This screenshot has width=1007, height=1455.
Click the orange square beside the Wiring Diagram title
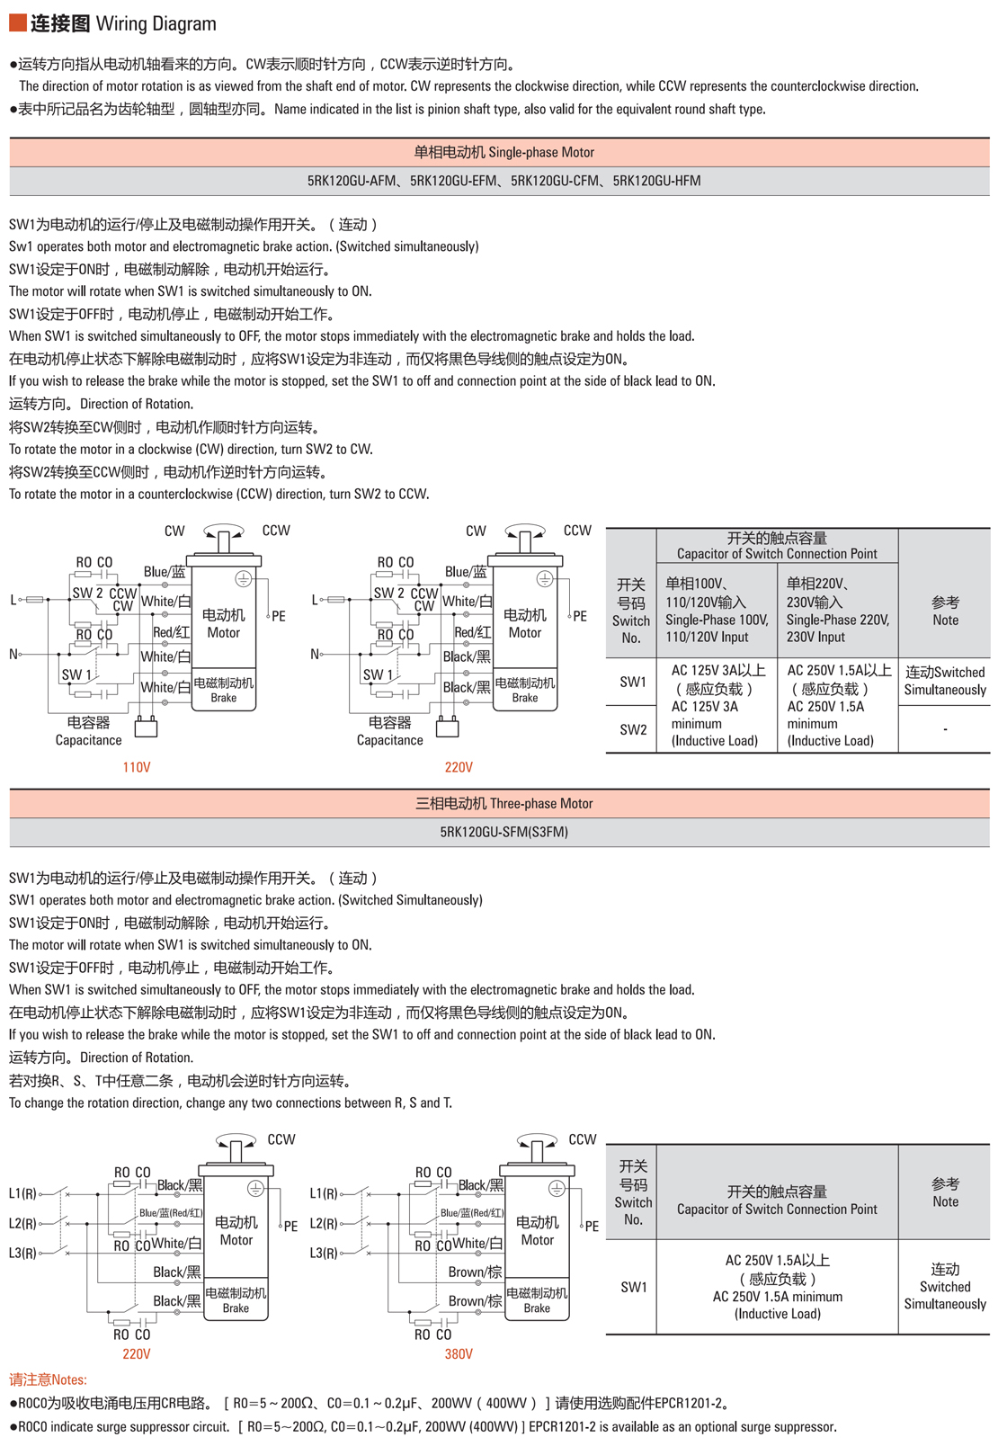17,22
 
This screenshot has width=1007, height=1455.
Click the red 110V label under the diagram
137,767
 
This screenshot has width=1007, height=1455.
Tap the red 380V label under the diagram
459,1353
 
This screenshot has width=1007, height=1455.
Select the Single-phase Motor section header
503,152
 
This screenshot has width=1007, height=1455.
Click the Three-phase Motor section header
503,803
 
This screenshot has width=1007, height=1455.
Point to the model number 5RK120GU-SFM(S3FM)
503,832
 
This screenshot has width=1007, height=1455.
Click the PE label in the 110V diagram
279,616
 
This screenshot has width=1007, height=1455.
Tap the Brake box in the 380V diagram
537,1299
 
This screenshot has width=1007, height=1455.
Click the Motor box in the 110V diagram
224,623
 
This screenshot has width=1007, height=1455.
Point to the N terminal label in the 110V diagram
13,654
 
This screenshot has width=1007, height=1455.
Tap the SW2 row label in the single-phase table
633,729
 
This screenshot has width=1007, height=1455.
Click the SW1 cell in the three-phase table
633,1287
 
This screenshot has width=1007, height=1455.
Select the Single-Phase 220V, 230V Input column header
837,610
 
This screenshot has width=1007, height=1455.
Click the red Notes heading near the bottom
48,1379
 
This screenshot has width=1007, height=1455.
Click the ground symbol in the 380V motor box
557,1189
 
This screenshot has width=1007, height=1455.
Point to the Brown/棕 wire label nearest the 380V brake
475,1300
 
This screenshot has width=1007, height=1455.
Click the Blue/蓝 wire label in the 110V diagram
165,572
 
